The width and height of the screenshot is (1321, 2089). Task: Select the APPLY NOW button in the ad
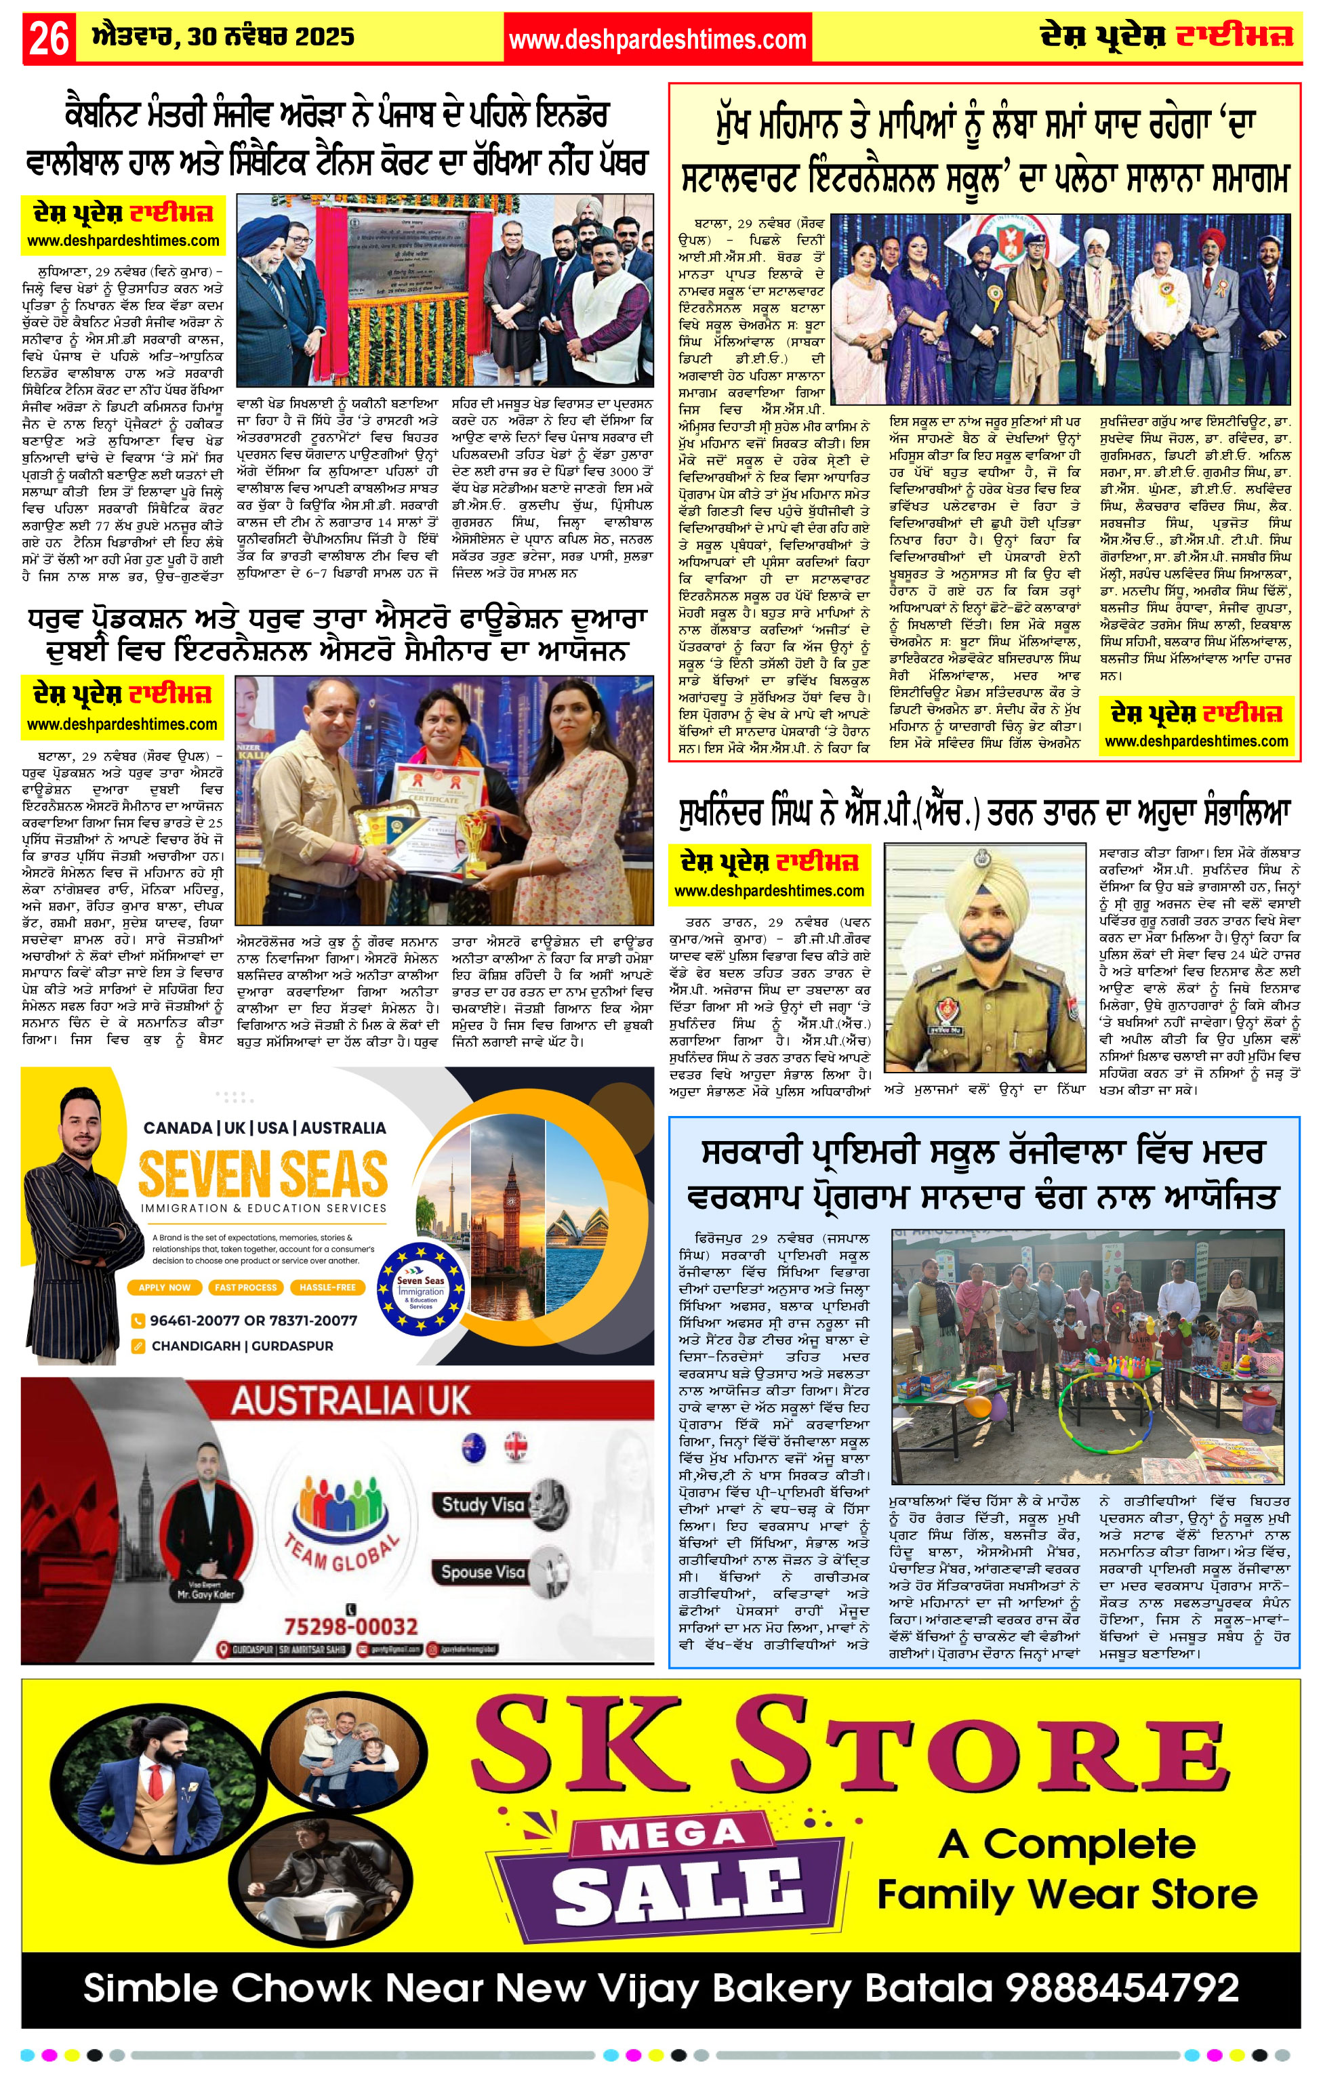[164, 1287]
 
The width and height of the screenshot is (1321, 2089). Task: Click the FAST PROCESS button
[245, 1287]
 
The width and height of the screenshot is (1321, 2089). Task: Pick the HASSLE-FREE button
[327, 1287]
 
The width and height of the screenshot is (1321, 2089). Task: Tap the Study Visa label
[483, 1505]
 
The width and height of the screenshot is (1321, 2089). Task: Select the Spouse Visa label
[483, 1572]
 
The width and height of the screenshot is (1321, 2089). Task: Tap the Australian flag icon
[474, 1446]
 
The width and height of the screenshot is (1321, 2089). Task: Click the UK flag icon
[516, 1446]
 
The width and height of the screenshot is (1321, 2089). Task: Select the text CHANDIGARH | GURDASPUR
[242, 1346]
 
